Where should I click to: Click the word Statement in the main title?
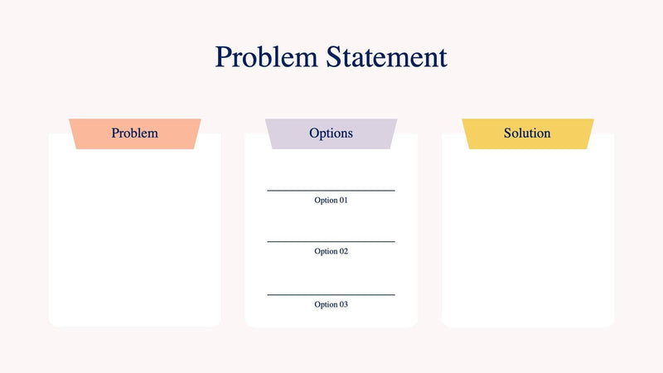386,57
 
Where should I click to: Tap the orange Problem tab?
134,133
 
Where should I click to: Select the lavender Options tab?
331,133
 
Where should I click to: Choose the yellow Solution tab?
527,133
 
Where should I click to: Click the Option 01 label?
331,201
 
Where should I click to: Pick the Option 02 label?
331,251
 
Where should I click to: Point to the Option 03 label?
331,304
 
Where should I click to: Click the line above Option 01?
331,191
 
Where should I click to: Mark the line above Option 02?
331,242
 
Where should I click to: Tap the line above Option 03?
331,294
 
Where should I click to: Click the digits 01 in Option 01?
343,201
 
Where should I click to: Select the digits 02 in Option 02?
343,251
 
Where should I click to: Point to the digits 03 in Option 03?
343,304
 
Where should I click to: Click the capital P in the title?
223,57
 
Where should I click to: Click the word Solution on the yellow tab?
527,133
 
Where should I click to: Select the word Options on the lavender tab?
331,133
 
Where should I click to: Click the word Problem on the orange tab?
134,133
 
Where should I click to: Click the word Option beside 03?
325,304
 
